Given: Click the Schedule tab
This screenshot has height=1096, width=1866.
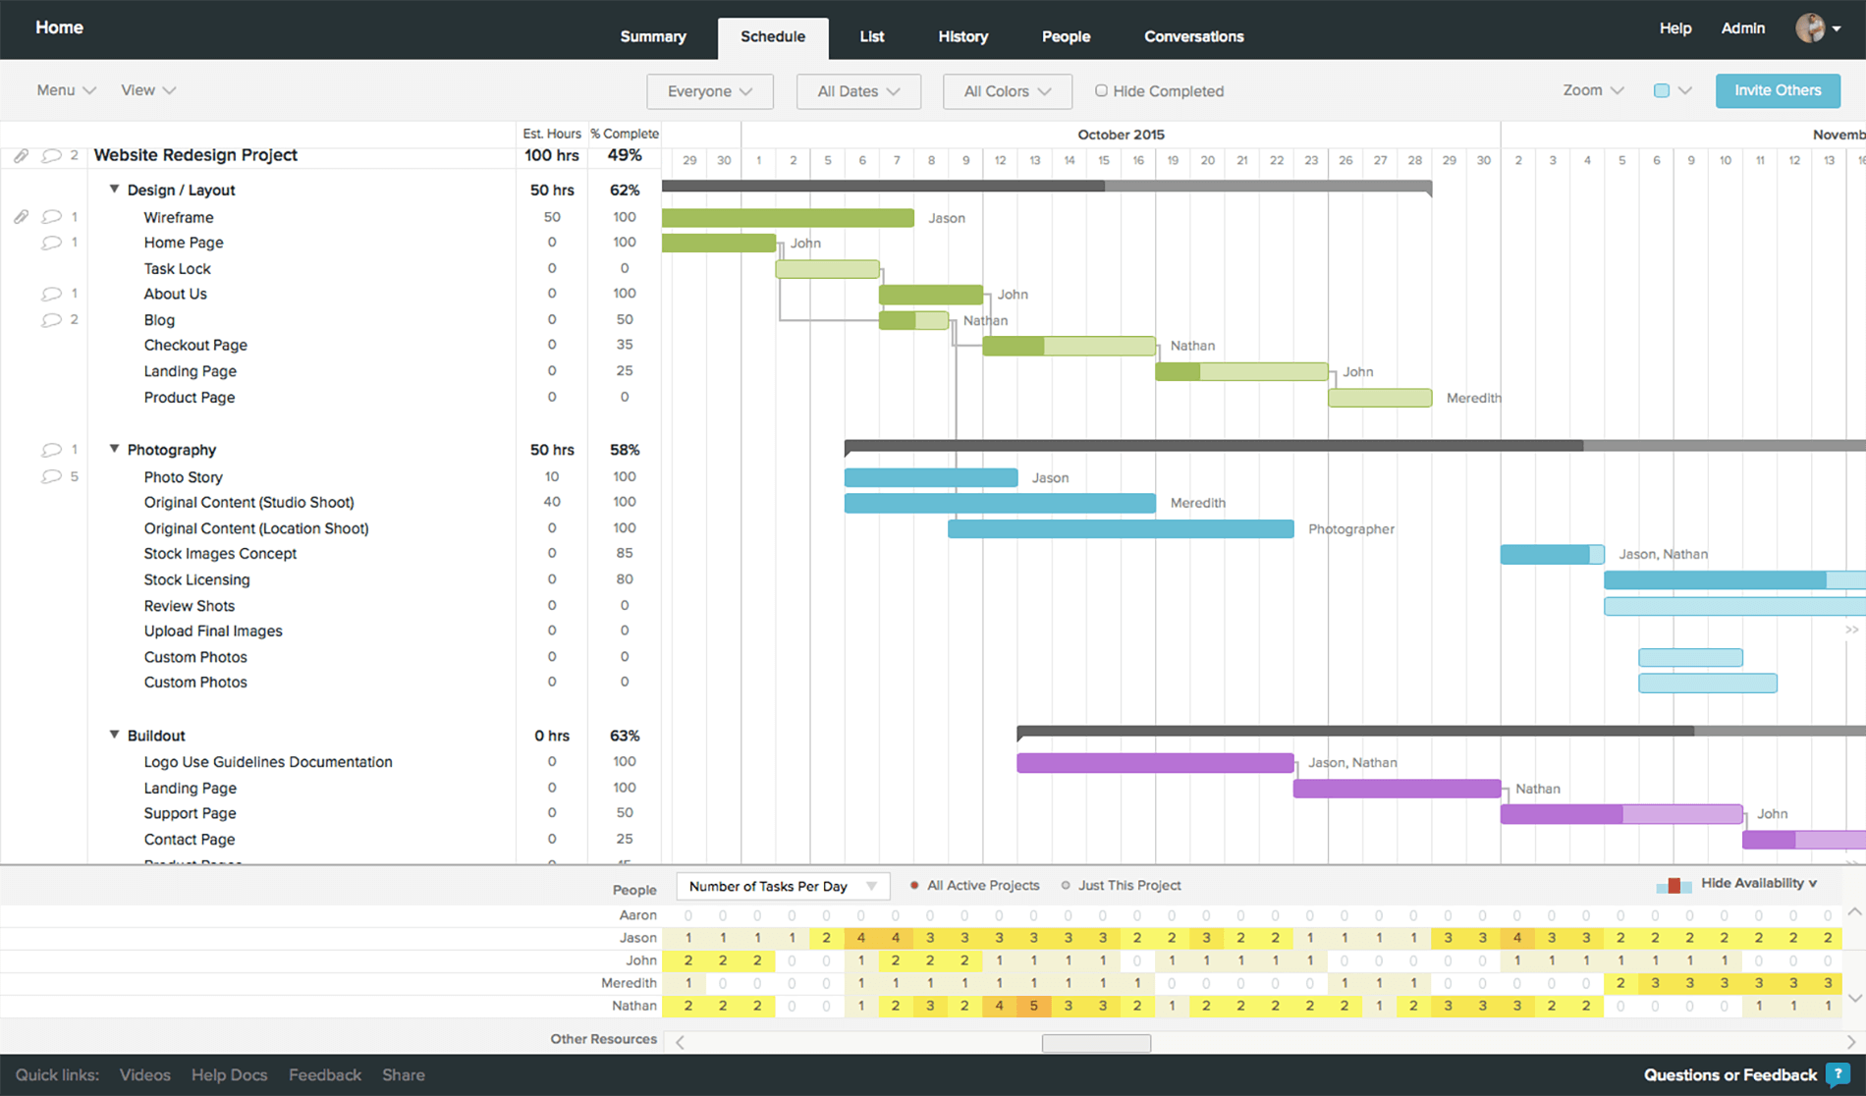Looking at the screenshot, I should tap(773, 37).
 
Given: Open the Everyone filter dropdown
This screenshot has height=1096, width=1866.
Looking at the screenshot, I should tap(709, 91).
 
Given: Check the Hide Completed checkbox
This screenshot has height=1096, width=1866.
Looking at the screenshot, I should tap(1101, 90).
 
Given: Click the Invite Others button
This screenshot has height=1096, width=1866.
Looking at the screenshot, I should tap(1777, 90).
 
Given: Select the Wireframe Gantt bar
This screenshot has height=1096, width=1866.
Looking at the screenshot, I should tap(788, 218).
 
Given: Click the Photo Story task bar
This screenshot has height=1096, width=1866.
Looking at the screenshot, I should tap(930, 478).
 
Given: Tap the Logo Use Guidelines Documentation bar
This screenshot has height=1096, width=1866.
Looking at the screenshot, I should tap(1154, 763).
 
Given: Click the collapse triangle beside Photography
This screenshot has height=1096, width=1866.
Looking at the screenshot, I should tap(114, 449).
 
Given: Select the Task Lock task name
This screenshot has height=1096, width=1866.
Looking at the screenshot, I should tap(177, 269).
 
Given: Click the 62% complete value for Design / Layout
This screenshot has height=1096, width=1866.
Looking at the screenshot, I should tap(624, 191).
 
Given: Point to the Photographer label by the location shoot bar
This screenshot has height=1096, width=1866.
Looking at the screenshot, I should tap(1350, 529).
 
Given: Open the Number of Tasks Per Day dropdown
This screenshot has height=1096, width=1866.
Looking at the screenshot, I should tap(783, 887).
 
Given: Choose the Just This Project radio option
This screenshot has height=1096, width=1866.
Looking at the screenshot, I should tap(1066, 886).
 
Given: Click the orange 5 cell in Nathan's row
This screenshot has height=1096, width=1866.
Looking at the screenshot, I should tap(1033, 1006).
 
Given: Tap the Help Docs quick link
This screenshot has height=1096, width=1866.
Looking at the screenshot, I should tap(229, 1075).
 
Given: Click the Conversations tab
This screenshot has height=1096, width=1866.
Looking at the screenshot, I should tap(1193, 37).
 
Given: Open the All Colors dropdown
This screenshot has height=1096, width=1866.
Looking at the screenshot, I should tap(1007, 91).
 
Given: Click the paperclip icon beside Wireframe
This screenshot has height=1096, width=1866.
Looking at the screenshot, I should tap(21, 217).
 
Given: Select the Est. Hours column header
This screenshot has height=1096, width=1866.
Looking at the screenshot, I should tap(551, 134).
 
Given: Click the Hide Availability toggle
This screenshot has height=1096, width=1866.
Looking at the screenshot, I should tap(1758, 884).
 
